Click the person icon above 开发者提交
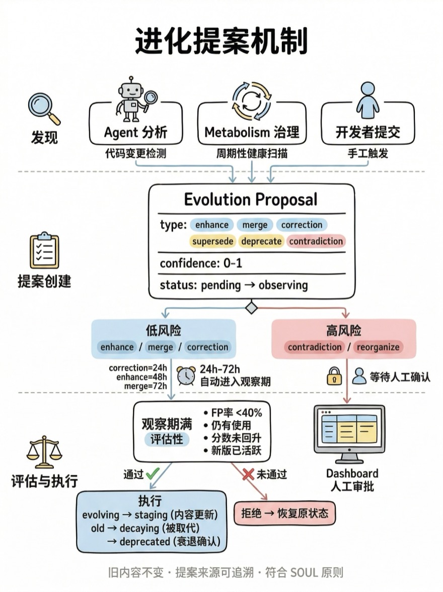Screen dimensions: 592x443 coord(368,100)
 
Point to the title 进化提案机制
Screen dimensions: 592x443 coord(221,41)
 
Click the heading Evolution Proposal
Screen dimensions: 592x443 coord(251,200)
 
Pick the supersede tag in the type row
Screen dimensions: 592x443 coord(213,241)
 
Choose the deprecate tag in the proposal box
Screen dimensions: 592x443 coord(261,241)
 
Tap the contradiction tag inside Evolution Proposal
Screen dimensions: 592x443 coord(316,241)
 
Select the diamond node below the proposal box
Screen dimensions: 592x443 coord(251,308)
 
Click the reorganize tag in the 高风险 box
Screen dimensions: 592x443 coord(378,347)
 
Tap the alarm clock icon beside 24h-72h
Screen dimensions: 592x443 coord(186,376)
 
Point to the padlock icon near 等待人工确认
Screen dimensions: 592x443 coord(334,376)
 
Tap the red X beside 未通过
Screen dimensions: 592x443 coord(247,474)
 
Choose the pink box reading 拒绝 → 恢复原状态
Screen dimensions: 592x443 coord(284,513)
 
